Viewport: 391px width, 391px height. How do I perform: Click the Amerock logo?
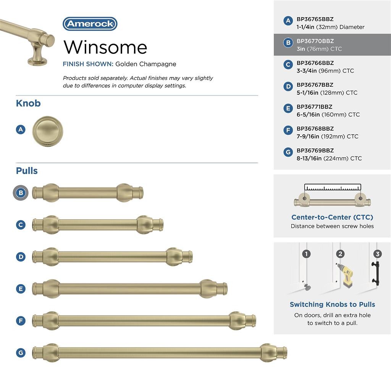[x=90, y=24]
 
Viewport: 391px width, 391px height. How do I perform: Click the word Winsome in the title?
[x=105, y=47]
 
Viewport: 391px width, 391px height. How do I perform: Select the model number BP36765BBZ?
[x=315, y=19]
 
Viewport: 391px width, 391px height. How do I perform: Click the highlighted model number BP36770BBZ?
[x=315, y=41]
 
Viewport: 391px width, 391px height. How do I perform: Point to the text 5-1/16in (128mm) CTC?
[x=327, y=93]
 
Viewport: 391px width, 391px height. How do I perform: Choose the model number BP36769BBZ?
[x=315, y=150]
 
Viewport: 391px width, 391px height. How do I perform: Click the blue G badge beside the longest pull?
[x=21, y=352]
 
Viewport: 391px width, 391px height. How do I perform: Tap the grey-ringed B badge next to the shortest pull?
[x=21, y=193]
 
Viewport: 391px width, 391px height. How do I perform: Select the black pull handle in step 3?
[x=375, y=273]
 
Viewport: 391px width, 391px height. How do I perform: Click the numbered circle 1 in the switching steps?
[x=306, y=254]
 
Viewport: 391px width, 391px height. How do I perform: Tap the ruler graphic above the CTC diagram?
[x=332, y=187]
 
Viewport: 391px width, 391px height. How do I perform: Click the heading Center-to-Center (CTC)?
[x=332, y=217]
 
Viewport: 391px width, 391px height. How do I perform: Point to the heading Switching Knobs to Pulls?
[x=332, y=304]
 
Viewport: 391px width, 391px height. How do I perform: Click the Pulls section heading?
[x=27, y=171]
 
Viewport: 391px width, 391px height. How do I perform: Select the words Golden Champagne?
[x=146, y=64]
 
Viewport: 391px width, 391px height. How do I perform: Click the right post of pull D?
[x=174, y=257]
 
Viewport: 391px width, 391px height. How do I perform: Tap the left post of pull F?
[x=51, y=321]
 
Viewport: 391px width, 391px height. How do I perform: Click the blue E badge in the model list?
[x=288, y=109]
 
